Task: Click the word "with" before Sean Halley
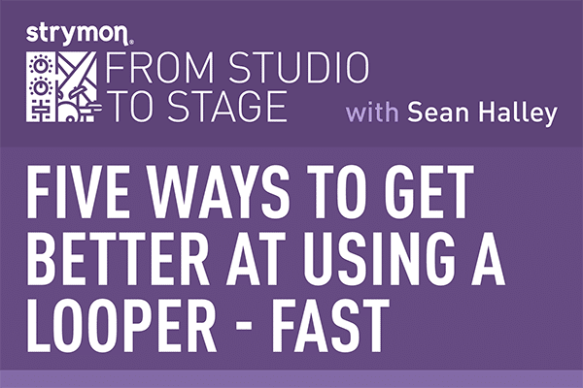point(374,114)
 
